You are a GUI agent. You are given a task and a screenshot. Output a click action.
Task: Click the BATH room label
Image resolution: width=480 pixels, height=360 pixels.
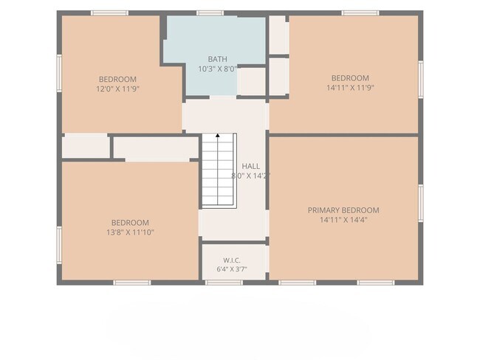(x=218, y=59)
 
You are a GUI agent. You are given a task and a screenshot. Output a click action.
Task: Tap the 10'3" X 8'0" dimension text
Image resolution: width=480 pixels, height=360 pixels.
(x=218, y=69)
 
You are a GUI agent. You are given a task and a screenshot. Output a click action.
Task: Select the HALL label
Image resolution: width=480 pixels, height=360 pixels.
(x=251, y=167)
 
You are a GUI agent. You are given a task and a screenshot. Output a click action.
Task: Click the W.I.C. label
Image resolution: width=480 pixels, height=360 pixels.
(x=232, y=260)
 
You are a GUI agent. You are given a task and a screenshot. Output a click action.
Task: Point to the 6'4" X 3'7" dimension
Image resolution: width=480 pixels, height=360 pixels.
(x=232, y=269)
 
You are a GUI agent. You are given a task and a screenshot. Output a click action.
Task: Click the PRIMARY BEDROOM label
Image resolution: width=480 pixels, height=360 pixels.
(x=343, y=210)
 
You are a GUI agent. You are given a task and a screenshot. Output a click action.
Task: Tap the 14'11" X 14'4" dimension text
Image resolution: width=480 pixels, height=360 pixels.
(x=343, y=220)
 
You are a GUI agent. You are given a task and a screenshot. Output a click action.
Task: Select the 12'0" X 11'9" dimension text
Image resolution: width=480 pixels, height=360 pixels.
(x=118, y=89)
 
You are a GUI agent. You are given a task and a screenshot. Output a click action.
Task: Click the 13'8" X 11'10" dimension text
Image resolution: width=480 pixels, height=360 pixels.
(x=130, y=232)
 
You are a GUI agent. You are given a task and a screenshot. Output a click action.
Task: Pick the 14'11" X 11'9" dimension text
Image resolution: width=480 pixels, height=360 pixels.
(x=350, y=88)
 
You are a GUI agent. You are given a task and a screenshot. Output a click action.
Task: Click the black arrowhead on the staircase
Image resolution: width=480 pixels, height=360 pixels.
(x=218, y=135)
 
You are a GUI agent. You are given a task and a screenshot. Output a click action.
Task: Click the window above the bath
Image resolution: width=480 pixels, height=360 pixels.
(x=210, y=13)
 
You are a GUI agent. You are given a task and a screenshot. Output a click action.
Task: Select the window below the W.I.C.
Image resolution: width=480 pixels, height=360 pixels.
(x=224, y=283)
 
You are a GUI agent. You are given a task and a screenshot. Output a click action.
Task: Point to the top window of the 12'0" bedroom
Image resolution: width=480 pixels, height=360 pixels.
(x=109, y=13)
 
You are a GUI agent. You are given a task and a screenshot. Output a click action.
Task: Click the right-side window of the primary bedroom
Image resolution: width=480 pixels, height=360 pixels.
(x=421, y=203)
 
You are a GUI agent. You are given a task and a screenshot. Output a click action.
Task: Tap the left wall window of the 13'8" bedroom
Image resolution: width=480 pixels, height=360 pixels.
(x=59, y=245)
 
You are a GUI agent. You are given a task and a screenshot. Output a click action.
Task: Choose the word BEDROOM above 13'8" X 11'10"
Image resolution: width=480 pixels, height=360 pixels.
(x=130, y=223)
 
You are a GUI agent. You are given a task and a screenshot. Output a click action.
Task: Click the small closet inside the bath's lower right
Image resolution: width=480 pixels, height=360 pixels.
(x=251, y=81)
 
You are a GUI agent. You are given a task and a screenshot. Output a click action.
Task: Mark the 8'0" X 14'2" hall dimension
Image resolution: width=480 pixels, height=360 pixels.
(x=251, y=176)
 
